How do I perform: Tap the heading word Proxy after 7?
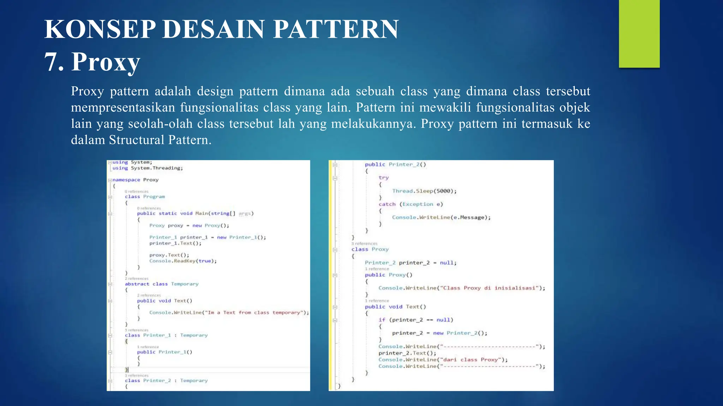click(x=106, y=62)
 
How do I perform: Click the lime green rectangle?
click(x=639, y=33)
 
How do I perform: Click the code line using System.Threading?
click(x=148, y=168)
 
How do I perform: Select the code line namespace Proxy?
click(x=135, y=180)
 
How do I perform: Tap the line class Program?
click(x=145, y=197)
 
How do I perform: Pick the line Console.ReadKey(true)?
click(x=183, y=261)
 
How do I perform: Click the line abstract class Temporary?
click(x=161, y=284)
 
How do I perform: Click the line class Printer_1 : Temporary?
click(x=166, y=336)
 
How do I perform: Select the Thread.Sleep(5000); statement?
click(x=424, y=191)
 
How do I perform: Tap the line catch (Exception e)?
click(x=411, y=204)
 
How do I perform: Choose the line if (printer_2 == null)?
click(x=416, y=320)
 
